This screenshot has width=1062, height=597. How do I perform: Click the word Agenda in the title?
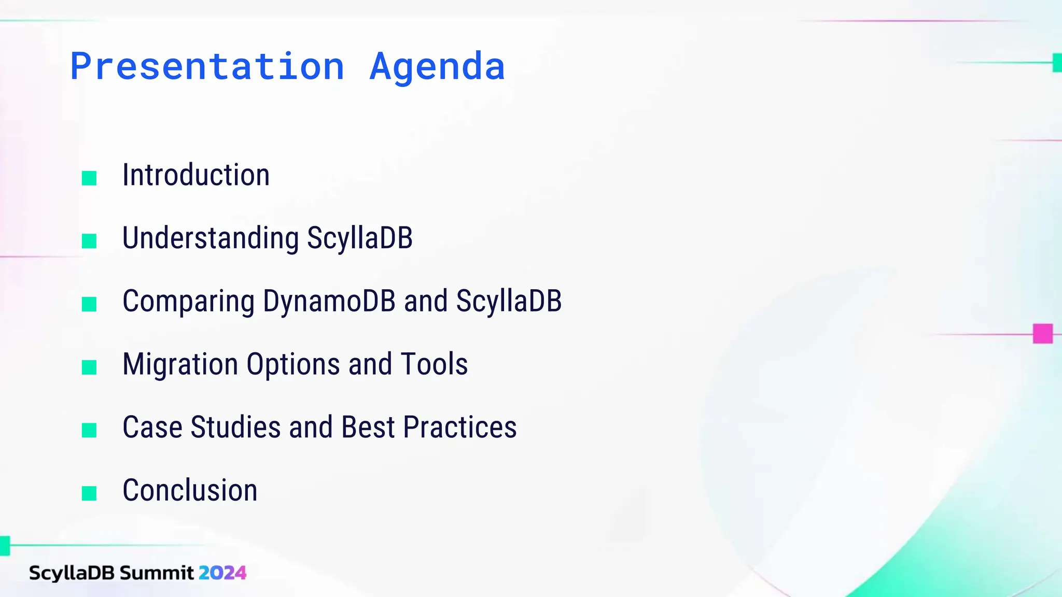[437, 67]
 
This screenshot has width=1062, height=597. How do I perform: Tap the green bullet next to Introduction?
[89, 178]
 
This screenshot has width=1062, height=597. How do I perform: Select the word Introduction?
[196, 175]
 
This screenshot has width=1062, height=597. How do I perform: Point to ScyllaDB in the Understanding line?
[360, 238]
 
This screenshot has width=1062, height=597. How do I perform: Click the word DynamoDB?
[329, 301]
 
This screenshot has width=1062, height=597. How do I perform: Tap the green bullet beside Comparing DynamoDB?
[89, 304]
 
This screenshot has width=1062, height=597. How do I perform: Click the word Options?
[293, 365]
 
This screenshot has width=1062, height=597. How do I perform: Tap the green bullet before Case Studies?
[89, 430]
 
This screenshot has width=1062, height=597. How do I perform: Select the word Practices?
[460, 428]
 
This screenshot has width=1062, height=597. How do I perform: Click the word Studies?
[235, 428]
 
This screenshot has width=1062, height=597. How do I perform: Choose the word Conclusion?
[190, 490]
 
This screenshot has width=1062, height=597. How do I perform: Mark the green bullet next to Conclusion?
[89, 493]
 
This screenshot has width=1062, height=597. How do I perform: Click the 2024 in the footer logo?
[222, 573]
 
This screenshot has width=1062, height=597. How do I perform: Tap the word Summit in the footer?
[157, 573]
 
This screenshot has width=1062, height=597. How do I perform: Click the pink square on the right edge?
[1042, 334]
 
